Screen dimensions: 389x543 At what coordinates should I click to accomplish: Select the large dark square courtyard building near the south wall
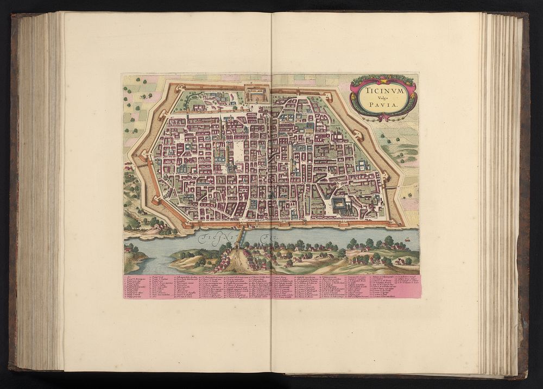[x=340, y=205]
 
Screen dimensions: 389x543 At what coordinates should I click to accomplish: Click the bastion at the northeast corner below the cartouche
[x=358, y=133]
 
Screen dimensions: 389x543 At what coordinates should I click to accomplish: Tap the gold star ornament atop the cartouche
[x=384, y=77]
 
